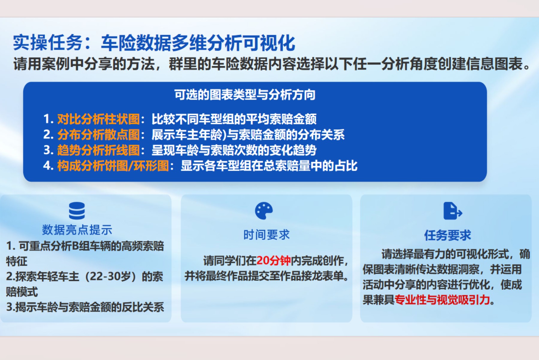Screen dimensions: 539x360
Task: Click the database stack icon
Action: pos(77,211)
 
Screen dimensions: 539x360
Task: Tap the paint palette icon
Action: pos(264,211)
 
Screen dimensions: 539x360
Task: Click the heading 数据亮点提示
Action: pos(77,230)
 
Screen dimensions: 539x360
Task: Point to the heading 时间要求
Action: pos(267,235)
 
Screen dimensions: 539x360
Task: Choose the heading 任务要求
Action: pos(448,235)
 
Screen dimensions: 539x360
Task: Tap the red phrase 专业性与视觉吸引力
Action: pos(442,300)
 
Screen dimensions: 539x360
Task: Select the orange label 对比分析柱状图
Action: pos(99,119)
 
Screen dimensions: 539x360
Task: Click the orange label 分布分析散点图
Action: pos(99,135)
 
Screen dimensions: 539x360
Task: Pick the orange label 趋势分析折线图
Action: pos(99,150)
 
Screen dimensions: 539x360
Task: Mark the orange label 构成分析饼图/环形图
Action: pos(113,166)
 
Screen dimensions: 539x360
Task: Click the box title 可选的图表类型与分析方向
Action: pos(245,95)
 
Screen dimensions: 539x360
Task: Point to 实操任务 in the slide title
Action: pos(48,43)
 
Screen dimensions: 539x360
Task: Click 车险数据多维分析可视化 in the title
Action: pos(198,43)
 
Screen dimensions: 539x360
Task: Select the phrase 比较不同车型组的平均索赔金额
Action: pos(234,119)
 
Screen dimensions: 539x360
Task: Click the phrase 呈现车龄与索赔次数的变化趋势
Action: pos(234,150)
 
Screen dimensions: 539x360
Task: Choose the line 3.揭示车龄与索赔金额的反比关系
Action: pos(85,307)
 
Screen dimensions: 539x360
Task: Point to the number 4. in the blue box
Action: pos(48,166)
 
